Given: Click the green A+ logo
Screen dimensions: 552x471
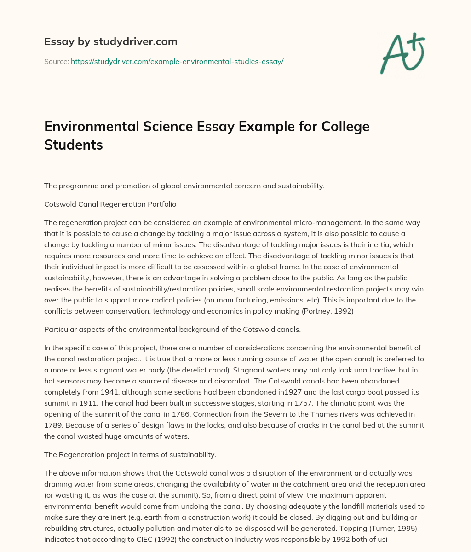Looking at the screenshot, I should [x=402, y=53].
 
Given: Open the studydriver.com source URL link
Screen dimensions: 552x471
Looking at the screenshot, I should [x=177, y=61].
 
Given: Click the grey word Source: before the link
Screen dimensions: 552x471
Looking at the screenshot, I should [x=57, y=61].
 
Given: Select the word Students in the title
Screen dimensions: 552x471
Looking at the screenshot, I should [x=74, y=145].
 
